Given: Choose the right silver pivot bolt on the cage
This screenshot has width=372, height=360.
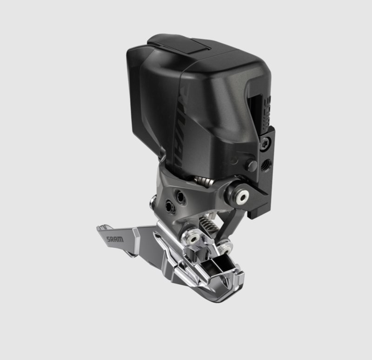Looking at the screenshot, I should pos(227,245).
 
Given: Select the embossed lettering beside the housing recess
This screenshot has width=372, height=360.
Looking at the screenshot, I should pos(267,107).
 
